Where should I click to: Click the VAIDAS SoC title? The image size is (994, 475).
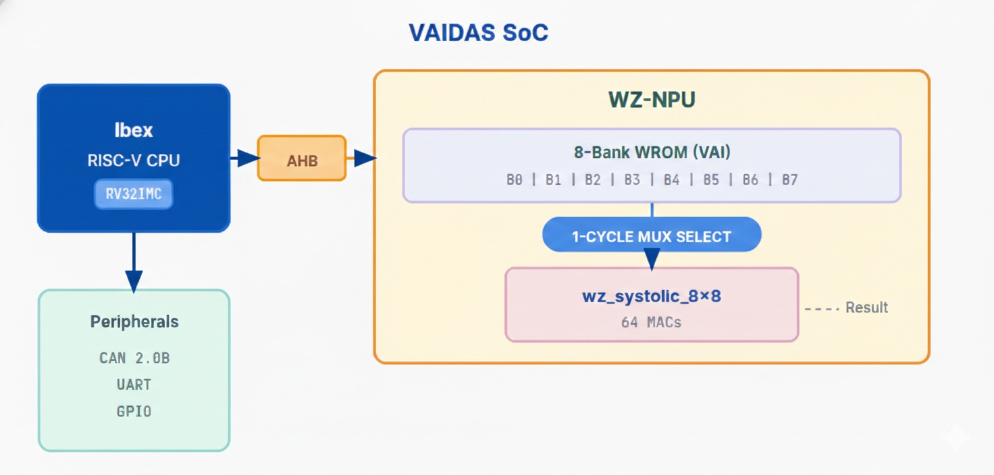tap(478, 32)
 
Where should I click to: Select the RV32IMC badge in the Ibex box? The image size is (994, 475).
tap(134, 194)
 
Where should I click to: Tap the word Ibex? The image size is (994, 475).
tap(134, 130)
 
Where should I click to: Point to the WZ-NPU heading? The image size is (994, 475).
tap(652, 100)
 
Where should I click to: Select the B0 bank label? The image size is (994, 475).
tap(515, 180)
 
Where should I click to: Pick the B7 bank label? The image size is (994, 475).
tap(789, 180)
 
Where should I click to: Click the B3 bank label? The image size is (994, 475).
tap(632, 180)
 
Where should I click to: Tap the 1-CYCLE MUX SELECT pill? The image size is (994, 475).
tap(652, 237)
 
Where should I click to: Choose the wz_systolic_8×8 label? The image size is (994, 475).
tap(652, 296)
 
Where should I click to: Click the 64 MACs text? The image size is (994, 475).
tap(652, 323)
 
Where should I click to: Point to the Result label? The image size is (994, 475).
tap(866, 308)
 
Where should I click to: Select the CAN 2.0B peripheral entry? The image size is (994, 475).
tap(134, 358)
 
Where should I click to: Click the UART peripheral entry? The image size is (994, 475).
tap(134, 385)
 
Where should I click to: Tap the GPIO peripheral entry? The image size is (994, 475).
tap(134, 411)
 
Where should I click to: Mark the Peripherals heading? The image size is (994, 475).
tap(134, 322)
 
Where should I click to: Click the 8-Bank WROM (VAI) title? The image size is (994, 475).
tap(652, 152)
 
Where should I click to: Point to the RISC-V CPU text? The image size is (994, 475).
tap(134, 161)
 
